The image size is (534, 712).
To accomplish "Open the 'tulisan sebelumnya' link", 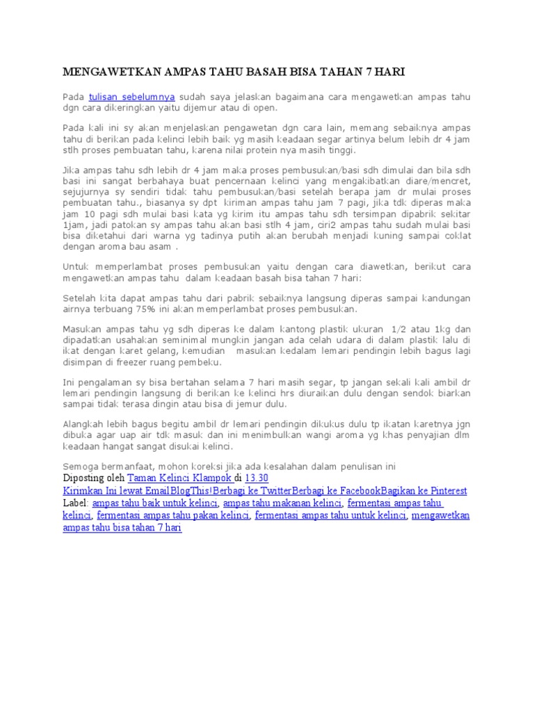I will tap(131, 97).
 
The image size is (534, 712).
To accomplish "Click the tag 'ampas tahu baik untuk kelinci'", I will tap(155, 503).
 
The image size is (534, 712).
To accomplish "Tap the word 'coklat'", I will tap(456, 235).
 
